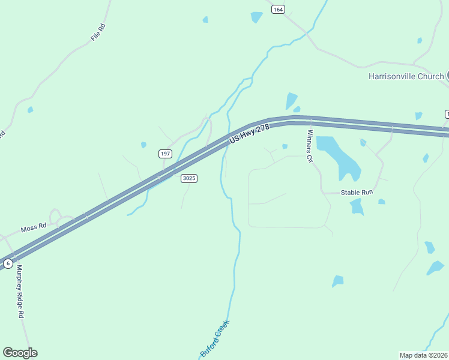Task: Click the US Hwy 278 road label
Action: pos(250,134)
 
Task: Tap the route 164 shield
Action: pos(277,9)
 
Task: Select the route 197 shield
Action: pos(165,154)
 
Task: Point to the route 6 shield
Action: pos(8,263)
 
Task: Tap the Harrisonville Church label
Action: pos(406,76)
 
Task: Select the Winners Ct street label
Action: pos(310,146)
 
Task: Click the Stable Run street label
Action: pos(357,192)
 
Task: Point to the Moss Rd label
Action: pos(34,228)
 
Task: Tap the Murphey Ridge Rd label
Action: pos(20,292)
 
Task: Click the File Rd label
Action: pos(98,32)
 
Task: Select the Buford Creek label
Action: pos(215,339)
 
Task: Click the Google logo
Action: pos(20,353)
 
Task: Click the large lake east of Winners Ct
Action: pos(340,155)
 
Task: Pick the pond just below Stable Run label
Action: pos(357,206)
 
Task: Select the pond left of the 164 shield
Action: pos(257,17)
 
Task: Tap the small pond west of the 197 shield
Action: pos(143,145)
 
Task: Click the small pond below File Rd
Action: pos(30,110)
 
